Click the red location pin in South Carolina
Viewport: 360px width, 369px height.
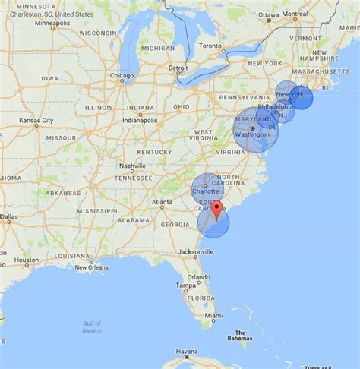coord(216,210)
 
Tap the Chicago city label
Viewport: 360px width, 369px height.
coord(121,76)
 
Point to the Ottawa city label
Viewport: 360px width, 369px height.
coord(269,14)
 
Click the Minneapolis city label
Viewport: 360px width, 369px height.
coord(52,23)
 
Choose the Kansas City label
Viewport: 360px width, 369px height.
coord(36,121)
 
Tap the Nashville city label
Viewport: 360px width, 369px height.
coord(132,166)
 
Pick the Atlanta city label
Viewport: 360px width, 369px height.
coord(161,203)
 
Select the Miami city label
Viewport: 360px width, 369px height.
coord(213,315)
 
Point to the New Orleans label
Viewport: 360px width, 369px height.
coord(91,267)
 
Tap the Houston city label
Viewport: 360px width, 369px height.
coord(26,260)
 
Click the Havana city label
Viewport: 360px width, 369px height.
coord(187,352)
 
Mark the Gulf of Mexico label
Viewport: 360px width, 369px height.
coord(92,327)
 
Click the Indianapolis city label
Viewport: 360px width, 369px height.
coord(137,121)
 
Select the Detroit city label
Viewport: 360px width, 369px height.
coord(178,68)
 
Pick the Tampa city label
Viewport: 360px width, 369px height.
coord(182,285)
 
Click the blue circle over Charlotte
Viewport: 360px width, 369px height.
coord(205,188)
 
